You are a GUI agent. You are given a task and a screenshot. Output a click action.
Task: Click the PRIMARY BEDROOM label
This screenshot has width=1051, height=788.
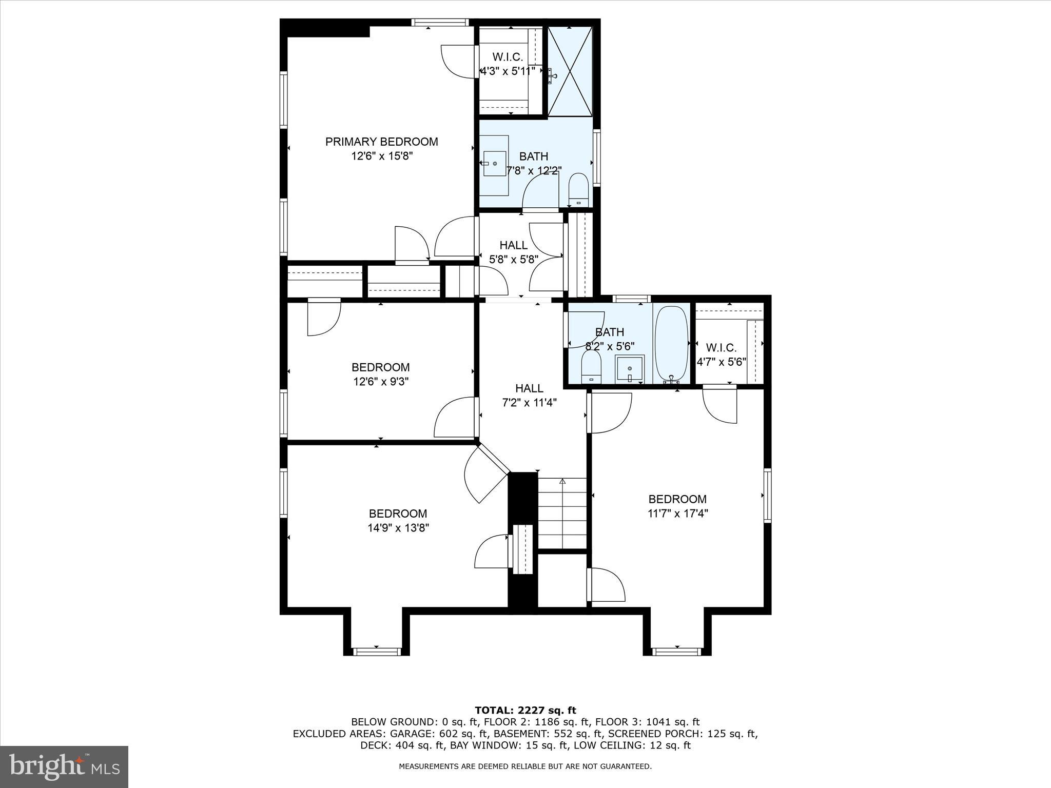pyautogui.click(x=381, y=142)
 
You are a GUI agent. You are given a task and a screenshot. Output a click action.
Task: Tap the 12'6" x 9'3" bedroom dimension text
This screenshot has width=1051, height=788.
pyautogui.click(x=380, y=382)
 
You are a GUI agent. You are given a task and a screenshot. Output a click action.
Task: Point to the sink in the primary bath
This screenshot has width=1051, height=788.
pyautogui.click(x=495, y=164)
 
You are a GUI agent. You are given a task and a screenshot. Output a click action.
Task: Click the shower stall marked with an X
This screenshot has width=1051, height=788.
pyautogui.click(x=570, y=72)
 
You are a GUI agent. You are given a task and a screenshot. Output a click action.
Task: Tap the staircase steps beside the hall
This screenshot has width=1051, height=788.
pyautogui.click(x=562, y=513)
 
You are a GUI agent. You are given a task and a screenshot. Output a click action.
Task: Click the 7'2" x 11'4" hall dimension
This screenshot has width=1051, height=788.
pyautogui.click(x=529, y=403)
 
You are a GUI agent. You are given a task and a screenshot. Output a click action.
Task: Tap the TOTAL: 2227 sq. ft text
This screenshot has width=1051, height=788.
pyautogui.click(x=525, y=710)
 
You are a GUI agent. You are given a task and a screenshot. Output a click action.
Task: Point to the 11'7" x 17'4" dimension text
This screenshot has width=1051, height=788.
pyautogui.click(x=677, y=513)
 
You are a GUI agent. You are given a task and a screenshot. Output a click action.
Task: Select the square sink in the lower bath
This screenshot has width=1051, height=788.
pyautogui.click(x=630, y=368)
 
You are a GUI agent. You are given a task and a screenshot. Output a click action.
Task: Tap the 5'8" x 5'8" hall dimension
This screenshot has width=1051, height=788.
pyautogui.click(x=513, y=260)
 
